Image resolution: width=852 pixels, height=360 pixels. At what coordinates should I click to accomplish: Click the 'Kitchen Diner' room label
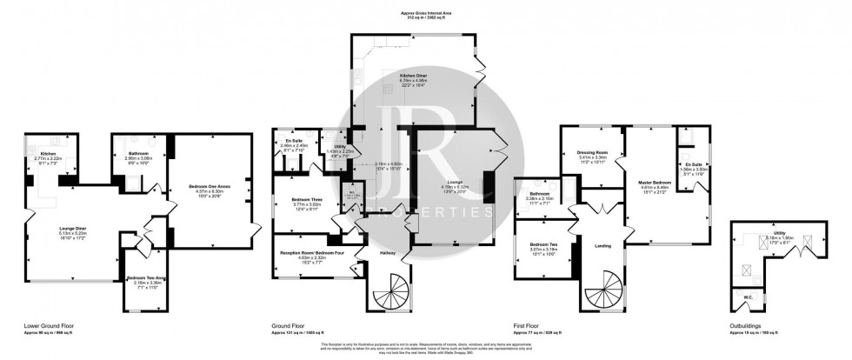[414, 77]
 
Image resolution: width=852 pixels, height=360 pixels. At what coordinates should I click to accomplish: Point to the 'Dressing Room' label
[591, 152]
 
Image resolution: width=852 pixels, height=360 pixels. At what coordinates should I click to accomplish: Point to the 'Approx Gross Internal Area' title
[425, 14]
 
